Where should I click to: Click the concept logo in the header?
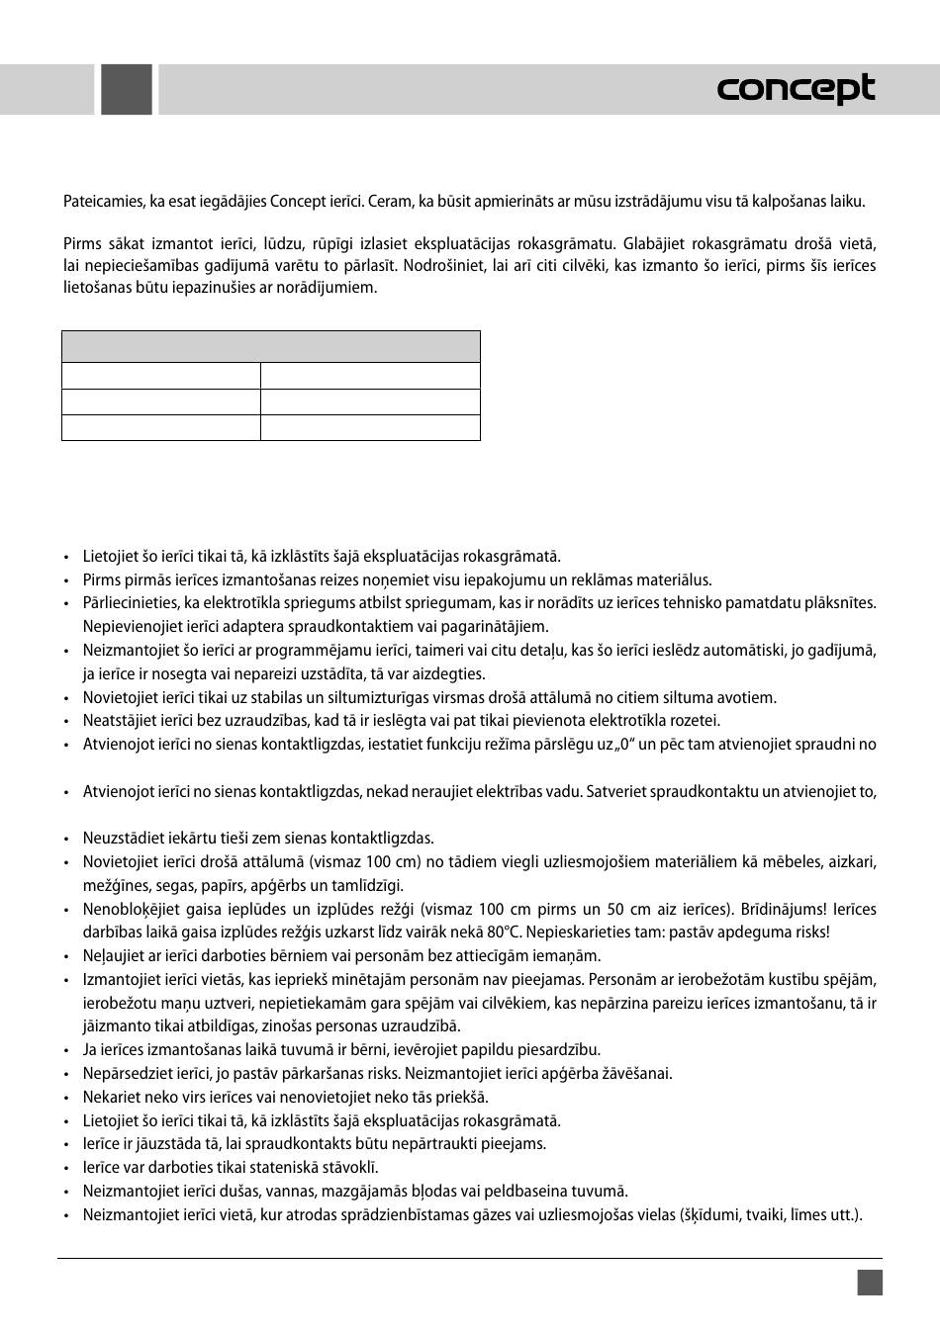(796, 90)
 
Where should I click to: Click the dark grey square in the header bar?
(127, 90)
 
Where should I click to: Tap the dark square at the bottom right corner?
(870, 1283)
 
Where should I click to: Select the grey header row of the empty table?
(270, 347)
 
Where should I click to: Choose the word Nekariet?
(111, 1098)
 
